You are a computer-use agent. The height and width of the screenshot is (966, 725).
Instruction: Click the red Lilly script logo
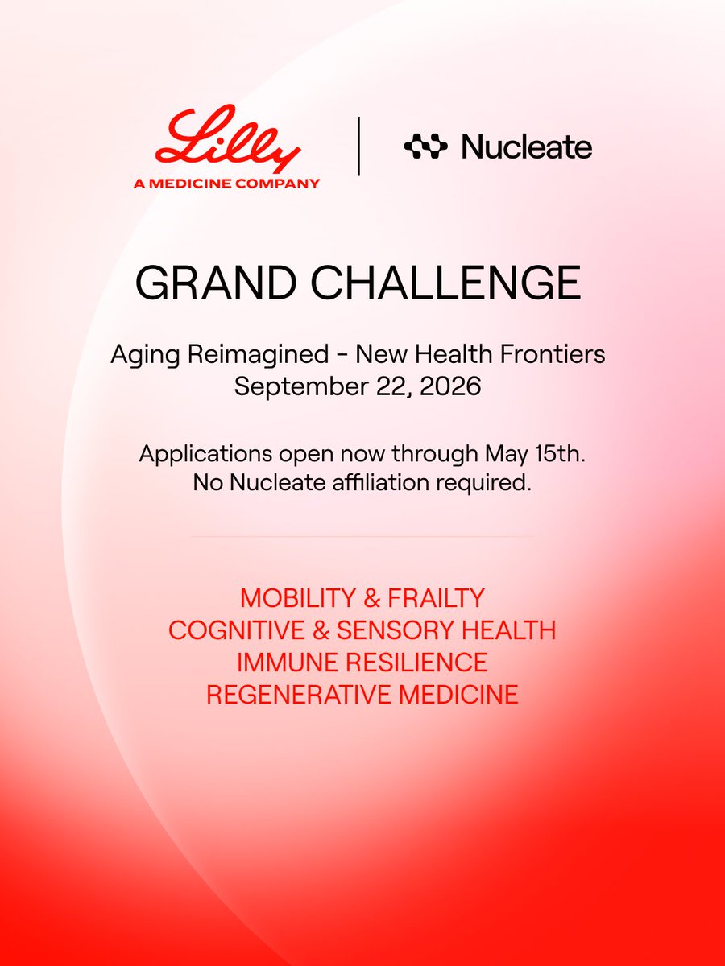coord(227,142)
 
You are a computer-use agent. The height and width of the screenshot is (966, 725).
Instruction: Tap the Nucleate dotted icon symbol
coord(425,147)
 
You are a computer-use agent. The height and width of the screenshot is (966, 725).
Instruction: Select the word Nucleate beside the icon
coord(527,147)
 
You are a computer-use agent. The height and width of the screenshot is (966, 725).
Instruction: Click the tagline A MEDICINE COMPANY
coord(226,183)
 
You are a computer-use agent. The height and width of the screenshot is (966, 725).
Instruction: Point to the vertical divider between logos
coord(358,146)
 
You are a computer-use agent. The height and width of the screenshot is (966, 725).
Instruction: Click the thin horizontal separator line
coord(362,535)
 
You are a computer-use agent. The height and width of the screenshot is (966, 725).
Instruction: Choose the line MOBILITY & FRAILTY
coord(362,598)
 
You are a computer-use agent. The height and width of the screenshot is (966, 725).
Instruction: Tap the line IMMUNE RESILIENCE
coord(362,663)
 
